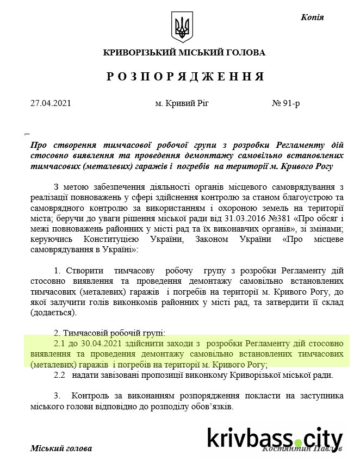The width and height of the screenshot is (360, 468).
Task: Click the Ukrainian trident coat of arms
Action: point(182,28)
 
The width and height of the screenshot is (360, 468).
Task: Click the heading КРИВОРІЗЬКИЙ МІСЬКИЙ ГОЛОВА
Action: point(184,53)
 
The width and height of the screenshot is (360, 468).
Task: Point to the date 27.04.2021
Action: point(51,102)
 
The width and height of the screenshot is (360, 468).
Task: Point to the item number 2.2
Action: point(60,375)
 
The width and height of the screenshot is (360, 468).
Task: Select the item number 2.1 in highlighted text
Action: point(60,344)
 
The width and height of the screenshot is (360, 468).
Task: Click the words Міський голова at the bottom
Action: point(61,448)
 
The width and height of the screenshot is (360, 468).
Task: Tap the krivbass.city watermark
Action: point(275,438)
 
